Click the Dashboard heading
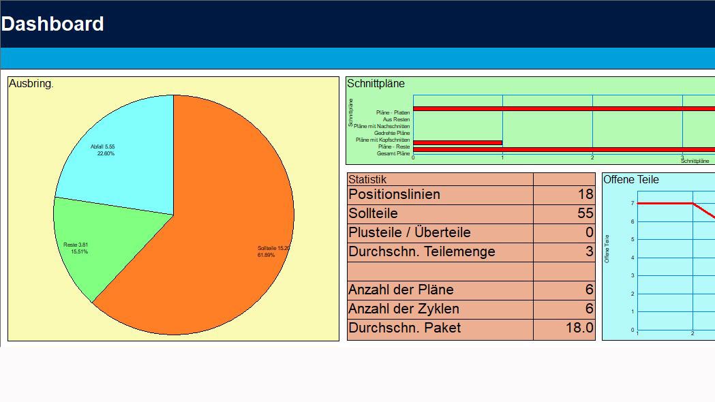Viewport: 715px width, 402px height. (x=52, y=24)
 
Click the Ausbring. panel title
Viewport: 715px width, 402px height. (x=31, y=84)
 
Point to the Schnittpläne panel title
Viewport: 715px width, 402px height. (x=376, y=84)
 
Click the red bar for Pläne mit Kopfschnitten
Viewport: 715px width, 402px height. (x=457, y=142)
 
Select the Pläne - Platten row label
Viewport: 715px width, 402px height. (x=393, y=112)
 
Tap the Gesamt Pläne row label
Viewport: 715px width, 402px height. (x=393, y=154)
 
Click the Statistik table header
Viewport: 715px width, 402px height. (x=367, y=179)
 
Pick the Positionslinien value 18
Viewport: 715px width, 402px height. (x=585, y=194)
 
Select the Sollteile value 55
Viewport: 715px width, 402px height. (x=585, y=213)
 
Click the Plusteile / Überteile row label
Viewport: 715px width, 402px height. (x=409, y=232)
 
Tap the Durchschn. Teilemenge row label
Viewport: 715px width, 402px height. (x=421, y=251)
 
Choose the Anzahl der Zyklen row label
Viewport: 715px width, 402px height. (x=404, y=309)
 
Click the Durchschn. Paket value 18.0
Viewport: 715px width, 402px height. (x=579, y=328)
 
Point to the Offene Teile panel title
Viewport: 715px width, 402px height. (x=631, y=180)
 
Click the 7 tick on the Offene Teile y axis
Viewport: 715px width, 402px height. (x=633, y=203)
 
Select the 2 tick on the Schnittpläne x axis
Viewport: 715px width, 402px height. (x=592, y=158)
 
